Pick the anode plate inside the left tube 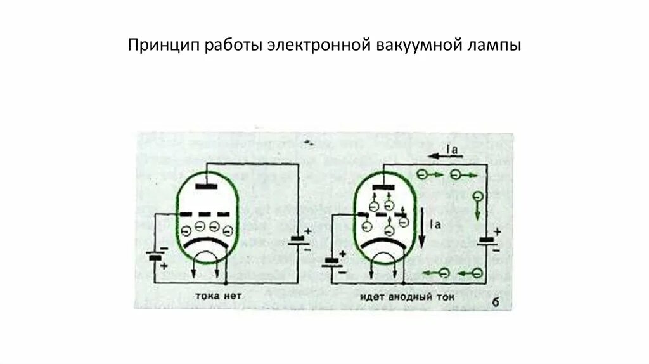tap(205, 186)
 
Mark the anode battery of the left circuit tap(297, 240)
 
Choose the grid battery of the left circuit tap(154, 257)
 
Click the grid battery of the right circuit tap(331, 261)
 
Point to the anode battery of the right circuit tap(487, 240)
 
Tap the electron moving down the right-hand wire tap(478, 197)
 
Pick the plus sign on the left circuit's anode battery tap(307, 232)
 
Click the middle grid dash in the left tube tap(205, 214)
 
